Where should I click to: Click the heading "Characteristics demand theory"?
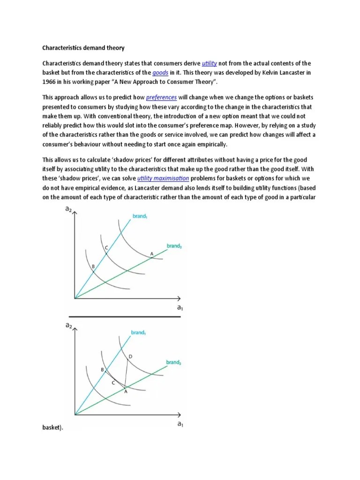coord(83,48)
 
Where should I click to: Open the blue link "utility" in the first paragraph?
coord(209,63)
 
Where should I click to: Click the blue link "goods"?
coord(160,73)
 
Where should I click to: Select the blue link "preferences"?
coord(161,97)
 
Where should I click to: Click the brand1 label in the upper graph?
coord(140,217)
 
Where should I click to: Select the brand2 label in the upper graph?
coord(174,246)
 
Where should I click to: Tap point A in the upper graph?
coord(151,254)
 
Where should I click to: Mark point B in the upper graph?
coord(93,266)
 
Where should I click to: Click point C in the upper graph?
coord(106,247)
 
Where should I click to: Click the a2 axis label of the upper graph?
coord(68,210)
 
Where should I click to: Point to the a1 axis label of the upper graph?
coord(180,307)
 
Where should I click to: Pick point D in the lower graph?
coord(130,357)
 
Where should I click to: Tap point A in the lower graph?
coord(126,391)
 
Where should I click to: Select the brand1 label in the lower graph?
coord(138,332)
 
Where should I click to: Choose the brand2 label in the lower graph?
coord(173,362)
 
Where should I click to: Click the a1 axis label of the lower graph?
coord(180,424)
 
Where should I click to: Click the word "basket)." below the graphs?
coord(52,428)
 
